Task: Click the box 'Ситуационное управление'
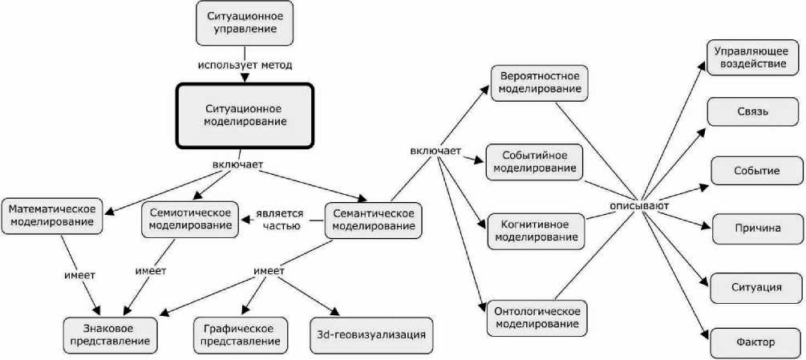pyautogui.click(x=243, y=22)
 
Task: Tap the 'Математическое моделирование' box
pyautogui.click(x=52, y=216)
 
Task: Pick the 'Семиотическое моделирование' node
pyautogui.click(x=191, y=219)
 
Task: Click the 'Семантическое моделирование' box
pyautogui.click(x=374, y=219)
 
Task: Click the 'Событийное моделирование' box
pyautogui.click(x=535, y=161)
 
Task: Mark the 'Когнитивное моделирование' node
pyautogui.click(x=536, y=230)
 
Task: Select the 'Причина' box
pyautogui.click(x=756, y=228)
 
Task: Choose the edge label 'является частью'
pyautogui.click(x=281, y=220)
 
